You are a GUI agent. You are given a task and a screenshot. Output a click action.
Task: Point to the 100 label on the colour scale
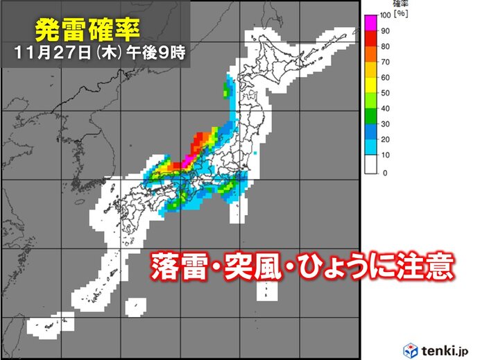(388, 15)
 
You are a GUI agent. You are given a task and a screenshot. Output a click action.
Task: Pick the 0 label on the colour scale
(384, 173)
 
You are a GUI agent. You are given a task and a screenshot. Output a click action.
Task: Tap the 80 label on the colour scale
(386, 46)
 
